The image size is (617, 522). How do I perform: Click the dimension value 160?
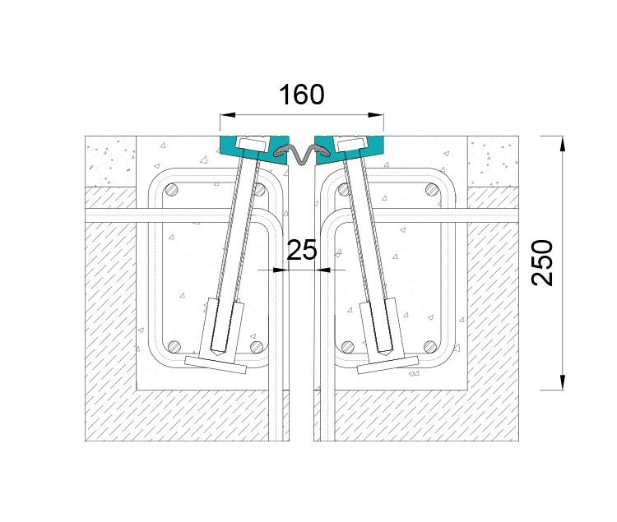click(x=302, y=95)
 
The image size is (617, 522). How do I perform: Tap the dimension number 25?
click(x=302, y=250)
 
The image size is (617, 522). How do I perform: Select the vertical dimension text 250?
click(x=542, y=262)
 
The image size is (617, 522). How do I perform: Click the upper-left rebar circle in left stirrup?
click(x=172, y=190)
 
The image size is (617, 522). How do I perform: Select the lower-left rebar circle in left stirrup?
click(x=174, y=347)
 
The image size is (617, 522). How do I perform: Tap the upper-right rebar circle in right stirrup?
click(x=432, y=190)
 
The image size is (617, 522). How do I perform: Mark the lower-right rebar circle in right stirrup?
click(x=430, y=347)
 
